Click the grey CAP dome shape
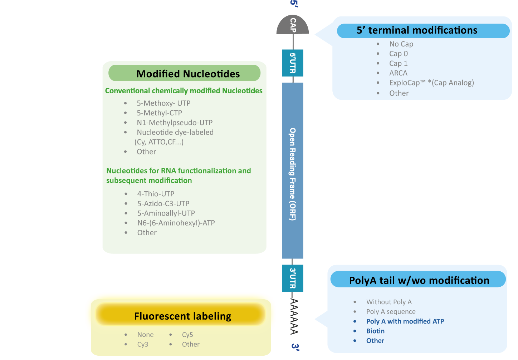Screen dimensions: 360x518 point(293,25)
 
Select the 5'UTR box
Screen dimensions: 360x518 point(293,63)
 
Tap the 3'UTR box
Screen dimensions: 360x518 point(293,278)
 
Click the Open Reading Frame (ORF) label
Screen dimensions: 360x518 point(293,174)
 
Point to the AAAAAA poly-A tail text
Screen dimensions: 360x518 point(294,317)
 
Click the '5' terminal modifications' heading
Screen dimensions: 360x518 point(417,30)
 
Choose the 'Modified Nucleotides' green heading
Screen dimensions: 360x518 point(188,74)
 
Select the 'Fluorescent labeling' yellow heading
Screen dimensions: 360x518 point(182,316)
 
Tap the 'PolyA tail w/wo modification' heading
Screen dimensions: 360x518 point(419,280)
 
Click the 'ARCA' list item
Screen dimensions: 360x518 point(398,73)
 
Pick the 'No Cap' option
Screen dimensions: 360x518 point(401,44)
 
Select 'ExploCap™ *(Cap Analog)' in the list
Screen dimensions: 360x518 point(431,83)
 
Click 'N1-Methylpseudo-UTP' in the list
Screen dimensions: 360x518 point(175,123)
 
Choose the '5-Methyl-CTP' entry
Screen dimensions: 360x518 point(159,113)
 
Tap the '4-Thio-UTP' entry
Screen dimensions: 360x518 point(156,194)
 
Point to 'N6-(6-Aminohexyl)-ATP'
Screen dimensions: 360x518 point(176,223)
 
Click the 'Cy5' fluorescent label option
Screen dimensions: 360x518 point(187,335)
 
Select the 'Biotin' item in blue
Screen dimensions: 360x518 point(375,331)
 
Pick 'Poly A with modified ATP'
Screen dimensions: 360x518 point(405,321)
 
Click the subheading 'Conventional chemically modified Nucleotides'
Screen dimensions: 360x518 point(184,91)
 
